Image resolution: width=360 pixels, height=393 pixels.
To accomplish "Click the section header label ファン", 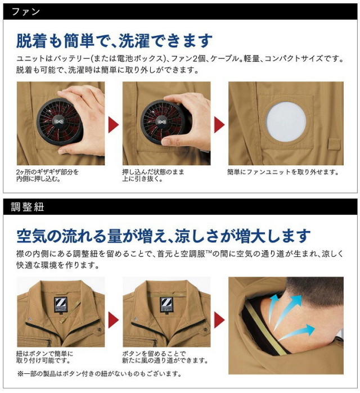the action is pos(26,12).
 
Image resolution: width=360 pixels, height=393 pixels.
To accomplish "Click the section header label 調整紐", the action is pos(28,207).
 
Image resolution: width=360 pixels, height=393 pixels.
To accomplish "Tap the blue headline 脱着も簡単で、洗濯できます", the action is pos(114,41).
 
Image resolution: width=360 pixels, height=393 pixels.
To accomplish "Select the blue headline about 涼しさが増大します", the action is pos(164,236).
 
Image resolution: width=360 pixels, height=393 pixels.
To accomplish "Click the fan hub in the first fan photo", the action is pos(59,121).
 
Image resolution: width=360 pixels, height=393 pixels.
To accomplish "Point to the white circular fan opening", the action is pos(286,121).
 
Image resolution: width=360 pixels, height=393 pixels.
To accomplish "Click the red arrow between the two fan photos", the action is pos(114,125).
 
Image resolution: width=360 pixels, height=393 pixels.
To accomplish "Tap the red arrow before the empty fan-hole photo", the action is pos(219,125).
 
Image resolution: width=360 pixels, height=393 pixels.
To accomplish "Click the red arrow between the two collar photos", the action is pos(114,320).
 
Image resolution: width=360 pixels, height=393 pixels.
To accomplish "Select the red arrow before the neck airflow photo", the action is pos(219,320).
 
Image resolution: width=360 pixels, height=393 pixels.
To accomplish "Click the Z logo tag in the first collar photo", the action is pos(61,304).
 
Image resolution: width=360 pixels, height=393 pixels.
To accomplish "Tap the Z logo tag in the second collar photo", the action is pos(166,304).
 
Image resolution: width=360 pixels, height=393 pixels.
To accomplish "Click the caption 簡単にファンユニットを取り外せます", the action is pos(283,172).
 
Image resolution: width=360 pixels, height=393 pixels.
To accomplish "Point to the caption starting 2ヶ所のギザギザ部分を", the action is pos(47,175).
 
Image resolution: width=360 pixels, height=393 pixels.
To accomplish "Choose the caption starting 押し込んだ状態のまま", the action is pos(153,175).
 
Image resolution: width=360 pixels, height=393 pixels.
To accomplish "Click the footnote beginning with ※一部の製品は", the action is pos(100,374).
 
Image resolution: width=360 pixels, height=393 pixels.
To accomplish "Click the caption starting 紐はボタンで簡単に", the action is pos(44,357).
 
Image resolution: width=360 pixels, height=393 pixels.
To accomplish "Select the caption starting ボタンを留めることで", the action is pos(165,357).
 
